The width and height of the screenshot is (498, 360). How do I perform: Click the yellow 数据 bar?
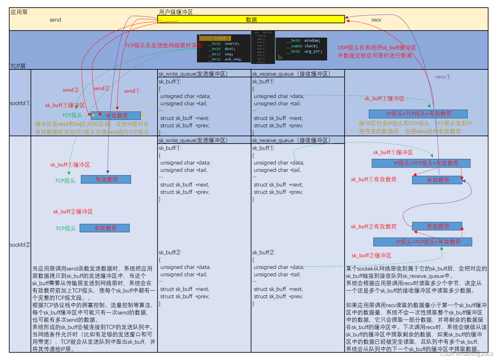(251, 19)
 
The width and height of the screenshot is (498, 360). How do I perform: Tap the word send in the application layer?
(55, 20)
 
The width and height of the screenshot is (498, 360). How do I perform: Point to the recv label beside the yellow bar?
(376, 20)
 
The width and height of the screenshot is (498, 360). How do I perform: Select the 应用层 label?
(19, 12)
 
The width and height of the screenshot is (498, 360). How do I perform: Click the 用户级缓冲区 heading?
(176, 12)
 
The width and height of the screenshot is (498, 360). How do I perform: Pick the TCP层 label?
(18, 66)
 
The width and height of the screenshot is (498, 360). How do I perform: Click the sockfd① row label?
(20, 103)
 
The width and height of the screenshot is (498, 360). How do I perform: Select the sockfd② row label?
(20, 245)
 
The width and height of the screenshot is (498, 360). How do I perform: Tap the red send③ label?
(71, 90)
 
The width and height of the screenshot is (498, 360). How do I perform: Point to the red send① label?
(132, 91)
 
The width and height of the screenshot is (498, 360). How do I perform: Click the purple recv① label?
(443, 77)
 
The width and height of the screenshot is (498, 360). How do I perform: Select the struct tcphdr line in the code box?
(215, 38)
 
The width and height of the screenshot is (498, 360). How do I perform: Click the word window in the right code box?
(312, 40)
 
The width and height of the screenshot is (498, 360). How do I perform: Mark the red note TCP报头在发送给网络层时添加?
(164, 46)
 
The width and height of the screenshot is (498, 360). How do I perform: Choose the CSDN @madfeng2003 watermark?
(466, 354)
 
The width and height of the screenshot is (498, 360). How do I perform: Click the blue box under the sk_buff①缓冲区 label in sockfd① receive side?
(418, 114)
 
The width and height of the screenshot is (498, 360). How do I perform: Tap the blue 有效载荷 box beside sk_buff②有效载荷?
(437, 226)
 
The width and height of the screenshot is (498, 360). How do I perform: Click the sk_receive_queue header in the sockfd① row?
(291, 74)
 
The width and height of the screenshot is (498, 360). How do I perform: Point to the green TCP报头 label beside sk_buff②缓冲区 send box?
(66, 228)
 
